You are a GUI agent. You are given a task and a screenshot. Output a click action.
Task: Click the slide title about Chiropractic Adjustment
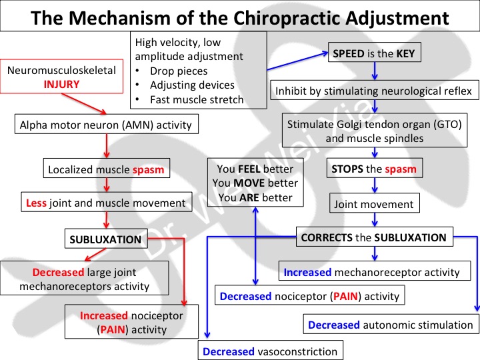click(240, 15)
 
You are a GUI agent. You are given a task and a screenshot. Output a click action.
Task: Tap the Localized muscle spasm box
click(105, 169)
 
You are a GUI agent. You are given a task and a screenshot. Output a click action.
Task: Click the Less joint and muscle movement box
click(105, 203)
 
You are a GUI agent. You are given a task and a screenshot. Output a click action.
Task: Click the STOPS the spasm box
click(374, 169)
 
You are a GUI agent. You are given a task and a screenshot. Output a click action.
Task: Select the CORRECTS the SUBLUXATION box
click(375, 236)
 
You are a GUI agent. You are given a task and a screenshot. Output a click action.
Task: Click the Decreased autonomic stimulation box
click(390, 325)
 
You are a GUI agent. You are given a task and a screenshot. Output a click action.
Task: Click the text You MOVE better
click(254, 183)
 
